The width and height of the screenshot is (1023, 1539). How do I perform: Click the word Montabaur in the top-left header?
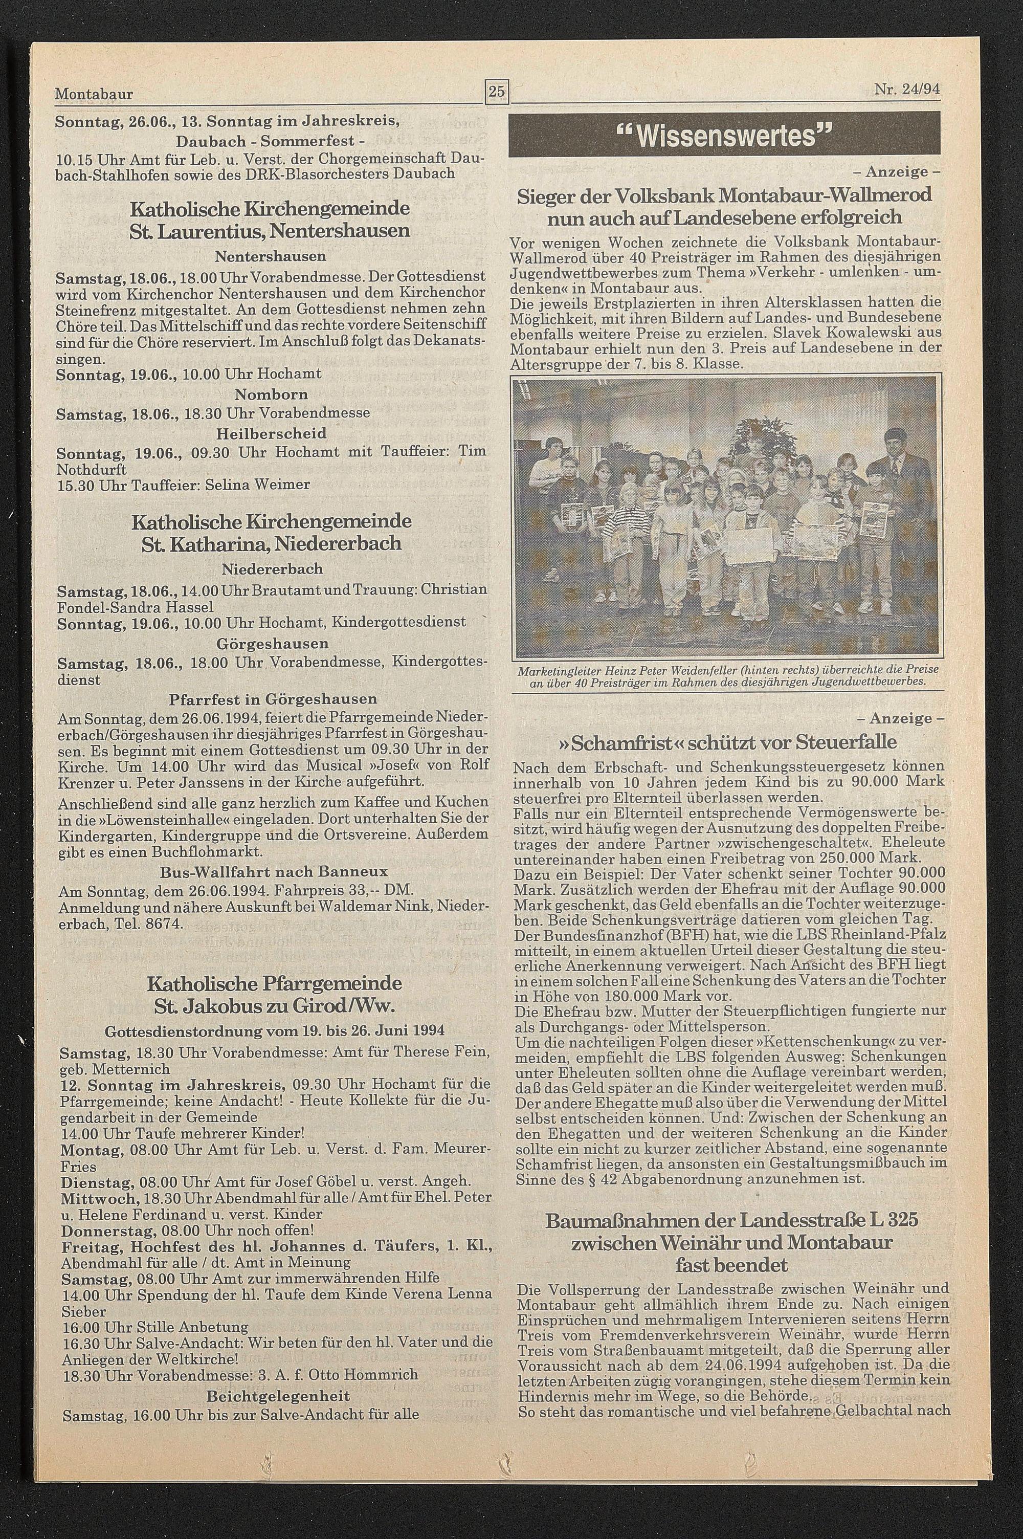94,95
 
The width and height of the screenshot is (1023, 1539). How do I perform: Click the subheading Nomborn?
272,394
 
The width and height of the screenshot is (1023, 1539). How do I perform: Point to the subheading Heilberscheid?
272,433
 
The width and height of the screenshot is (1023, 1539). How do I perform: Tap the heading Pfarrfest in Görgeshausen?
273,700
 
